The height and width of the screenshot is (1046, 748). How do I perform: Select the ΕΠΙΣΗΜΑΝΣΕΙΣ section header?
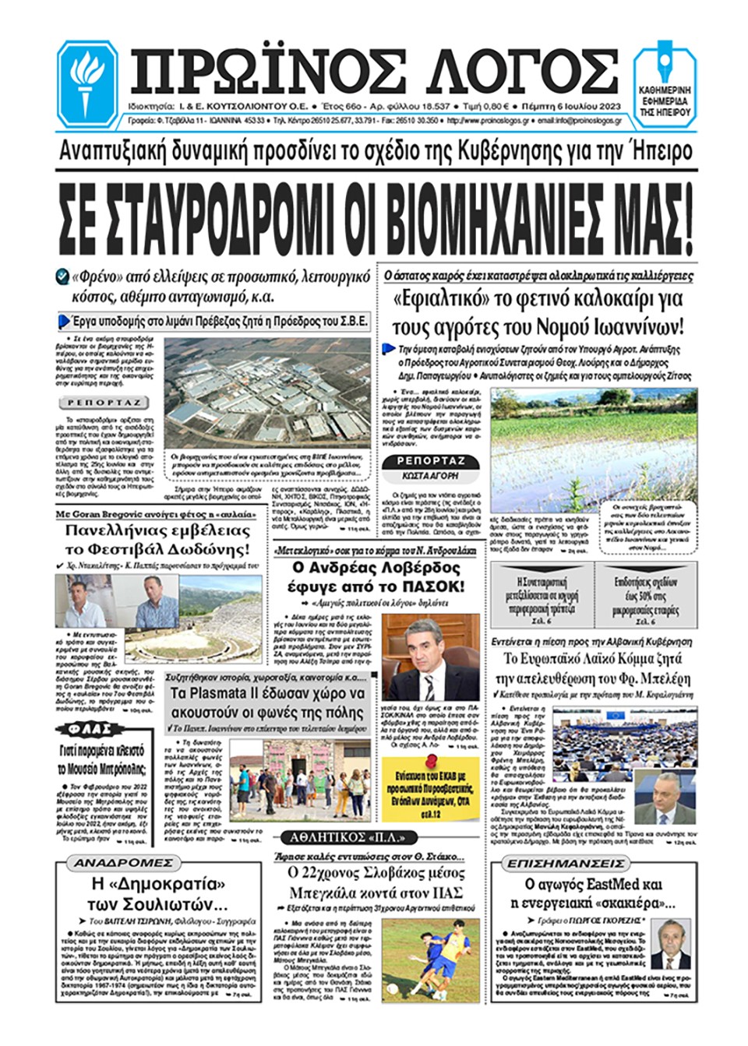pos(566,864)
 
